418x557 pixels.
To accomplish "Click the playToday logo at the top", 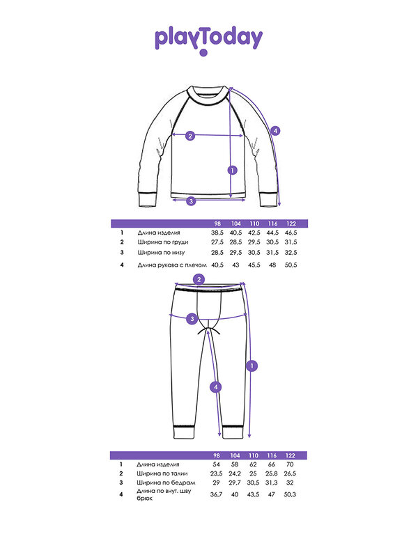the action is pyautogui.click(x=208, y=41).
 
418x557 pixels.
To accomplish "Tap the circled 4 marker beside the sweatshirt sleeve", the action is pyautogui.click(x=275, y=131).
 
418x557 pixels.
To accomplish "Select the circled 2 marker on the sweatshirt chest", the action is pyautogui.click(x=190, y=136).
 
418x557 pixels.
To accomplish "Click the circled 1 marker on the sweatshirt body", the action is pyautogui.click(x=232, y=171).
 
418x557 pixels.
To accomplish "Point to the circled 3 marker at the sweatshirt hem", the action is pyautogui.click(x=191, y=201).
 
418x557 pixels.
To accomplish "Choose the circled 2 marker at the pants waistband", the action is pyautogui.click(x=199, y=279).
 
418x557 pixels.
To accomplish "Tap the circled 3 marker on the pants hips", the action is pyautogui.click(x=192, y=319).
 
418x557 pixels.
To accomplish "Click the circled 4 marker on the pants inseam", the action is pyautogui.click(x=216, y=387).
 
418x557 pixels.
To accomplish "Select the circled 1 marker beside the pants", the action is pyautogui.click(x=251, y=366).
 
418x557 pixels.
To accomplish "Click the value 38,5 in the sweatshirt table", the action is pyautogui.click(x=217, y=233).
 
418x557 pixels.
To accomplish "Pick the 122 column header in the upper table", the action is pyautogui.click(x=291, y=223).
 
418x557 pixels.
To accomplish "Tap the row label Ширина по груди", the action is pyautogui.click(x=163, y=242).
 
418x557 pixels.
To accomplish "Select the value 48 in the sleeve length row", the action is pyautogui.click(x=272, y=265).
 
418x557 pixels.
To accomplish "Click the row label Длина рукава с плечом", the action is pyautogui.click(x=172, y=265).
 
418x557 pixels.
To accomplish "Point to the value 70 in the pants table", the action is pyautogui.click(x=290, y=464).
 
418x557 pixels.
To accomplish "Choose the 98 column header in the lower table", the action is pyautogui.click(x=217, y=455).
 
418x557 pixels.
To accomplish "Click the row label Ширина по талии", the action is pyautogui.click(x=162, y=473).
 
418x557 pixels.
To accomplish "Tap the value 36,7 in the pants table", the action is pyautogui.click(x=216, y=494).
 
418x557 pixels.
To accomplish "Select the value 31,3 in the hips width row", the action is pyautogui.click(x=272, y=483).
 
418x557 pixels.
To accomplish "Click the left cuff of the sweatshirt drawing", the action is pyautogui.click(x=148, y=200).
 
